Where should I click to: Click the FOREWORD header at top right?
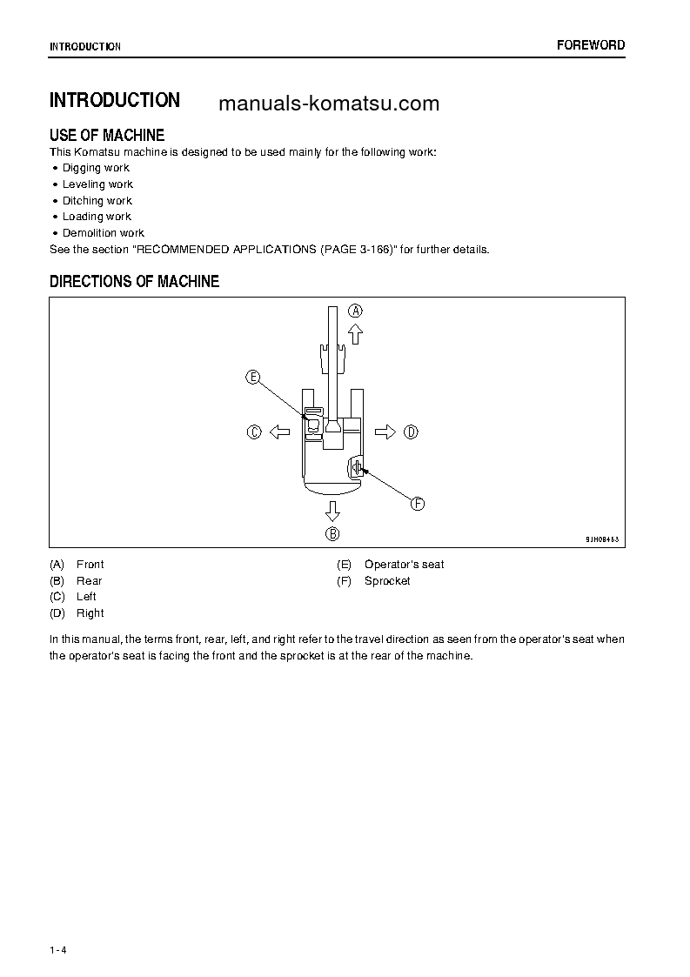(591, 45)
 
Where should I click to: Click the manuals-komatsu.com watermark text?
(329, 104)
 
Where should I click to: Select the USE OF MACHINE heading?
(107, 135)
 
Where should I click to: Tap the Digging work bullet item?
(95, 168)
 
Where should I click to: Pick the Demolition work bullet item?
(103, 233)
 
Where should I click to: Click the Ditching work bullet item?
(97, 201)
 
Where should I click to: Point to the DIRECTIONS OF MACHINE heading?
(134, 282)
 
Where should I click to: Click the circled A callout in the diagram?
(356, 311)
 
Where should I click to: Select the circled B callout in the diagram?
(332, 534)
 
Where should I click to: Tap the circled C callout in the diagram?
(254, 432)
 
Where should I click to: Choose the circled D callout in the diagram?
(412, 432)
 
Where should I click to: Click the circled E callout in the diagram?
(252, 377)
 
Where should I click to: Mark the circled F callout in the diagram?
(418, 503)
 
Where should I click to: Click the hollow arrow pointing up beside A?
(356, 334)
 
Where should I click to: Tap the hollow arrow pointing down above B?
(332, 511)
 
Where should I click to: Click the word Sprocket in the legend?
(387, 581)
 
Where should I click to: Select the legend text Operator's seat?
(404, 565)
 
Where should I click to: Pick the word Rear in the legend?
(89, 581)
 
